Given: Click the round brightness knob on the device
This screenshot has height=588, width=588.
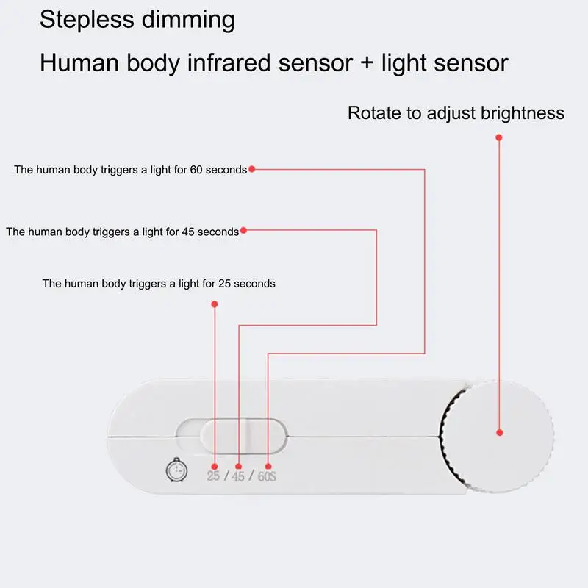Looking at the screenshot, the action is click(x=498, y=436).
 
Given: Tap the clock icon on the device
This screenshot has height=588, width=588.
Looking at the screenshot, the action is click(x=176, y=470).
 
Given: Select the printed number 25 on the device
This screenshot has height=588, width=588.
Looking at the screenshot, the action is click(x=213, y=476).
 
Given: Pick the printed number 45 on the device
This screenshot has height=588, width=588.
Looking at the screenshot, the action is click(x=238, y=476).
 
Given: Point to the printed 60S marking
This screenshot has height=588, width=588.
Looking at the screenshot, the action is click(x=267, y=476).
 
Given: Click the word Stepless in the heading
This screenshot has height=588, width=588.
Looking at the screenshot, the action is click(x=87, y=20).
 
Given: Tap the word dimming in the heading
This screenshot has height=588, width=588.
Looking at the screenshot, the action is click(x=188, y=20).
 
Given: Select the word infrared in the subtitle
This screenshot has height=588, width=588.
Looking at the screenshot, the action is click(x=229, y=62).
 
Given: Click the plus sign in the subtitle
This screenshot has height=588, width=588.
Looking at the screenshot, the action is click(x=367, y=63).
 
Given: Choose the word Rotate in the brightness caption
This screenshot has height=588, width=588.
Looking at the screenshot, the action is click(x=374, y=113).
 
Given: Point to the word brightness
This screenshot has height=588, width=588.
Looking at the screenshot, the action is click(x=523, y=113).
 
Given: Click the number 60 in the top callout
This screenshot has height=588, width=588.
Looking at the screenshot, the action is click(x=196, y=170).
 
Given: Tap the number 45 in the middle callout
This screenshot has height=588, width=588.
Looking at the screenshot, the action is click(x=188, y=232).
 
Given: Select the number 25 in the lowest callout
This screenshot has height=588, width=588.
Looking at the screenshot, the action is click(x=225, y=284).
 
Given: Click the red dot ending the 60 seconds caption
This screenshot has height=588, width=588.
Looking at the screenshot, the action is click(x=252, y=169).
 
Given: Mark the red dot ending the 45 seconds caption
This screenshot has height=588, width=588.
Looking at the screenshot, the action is click(x=243, y=230).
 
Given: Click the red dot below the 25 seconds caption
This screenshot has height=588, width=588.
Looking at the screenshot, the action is click(x=215, y=304).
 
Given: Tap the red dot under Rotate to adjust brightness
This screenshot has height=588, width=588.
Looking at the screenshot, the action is click(x=499, y=137).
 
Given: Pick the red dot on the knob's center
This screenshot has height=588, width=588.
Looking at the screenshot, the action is click(x=500, y=433).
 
